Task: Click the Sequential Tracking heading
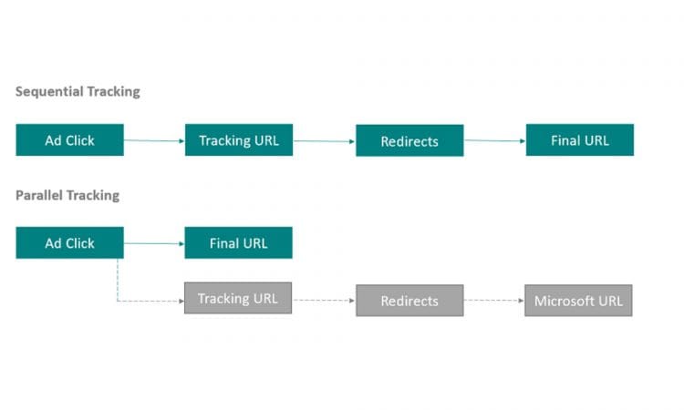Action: pyautogui.click(x=78, y=92)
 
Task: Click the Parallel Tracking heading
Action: pyautogui.click(x=67, y=195)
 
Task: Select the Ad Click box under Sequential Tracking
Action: pyautogui.click(x=69, y=140)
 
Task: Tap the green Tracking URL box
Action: pyautogui.click(x=239, y=140)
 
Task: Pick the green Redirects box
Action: pyautogui.click(x=409, y=141)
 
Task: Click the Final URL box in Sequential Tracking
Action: pyautogui.click(x=579, y=140)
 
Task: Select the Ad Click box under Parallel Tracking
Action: pyautogui.click(x=69, y=243)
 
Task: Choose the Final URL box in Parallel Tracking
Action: pyautogui.click(x=239, y=243)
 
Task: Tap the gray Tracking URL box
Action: pyautogui.click(x=238, y=299)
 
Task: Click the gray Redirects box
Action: pyautogui.click(x=409, y=301)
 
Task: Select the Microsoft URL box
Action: pyautogui.click(x=578, y=301)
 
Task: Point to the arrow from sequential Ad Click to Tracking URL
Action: pyautogui.click(x=154, y=140)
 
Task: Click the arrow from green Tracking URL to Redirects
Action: pyautogui.click(x=324, y=141)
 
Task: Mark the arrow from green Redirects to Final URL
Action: pyautogui.click(x=494, y=141)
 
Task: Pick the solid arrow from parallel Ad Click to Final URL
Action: pyautogui.click(x=154, y=243)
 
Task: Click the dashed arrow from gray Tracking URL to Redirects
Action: pyautogui.click(x=324, y=300)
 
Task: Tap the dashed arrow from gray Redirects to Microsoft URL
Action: pyautogui.click(x=493, y=301)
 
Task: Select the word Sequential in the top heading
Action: pyautogui.click(x=49, y=92)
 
